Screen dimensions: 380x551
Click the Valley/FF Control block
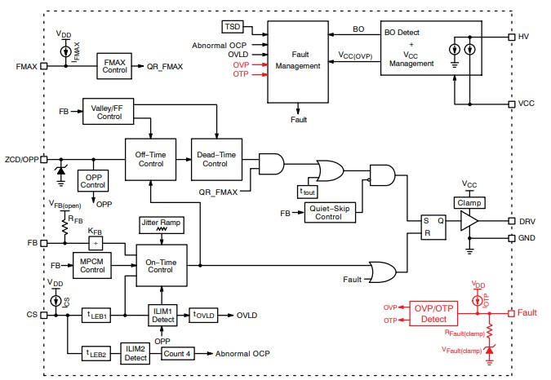tap(108, 111)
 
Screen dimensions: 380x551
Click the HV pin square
tap(510, 37)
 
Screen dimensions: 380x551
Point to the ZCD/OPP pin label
tap(20, 160)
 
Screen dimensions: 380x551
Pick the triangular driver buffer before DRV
tap(467, 221)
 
